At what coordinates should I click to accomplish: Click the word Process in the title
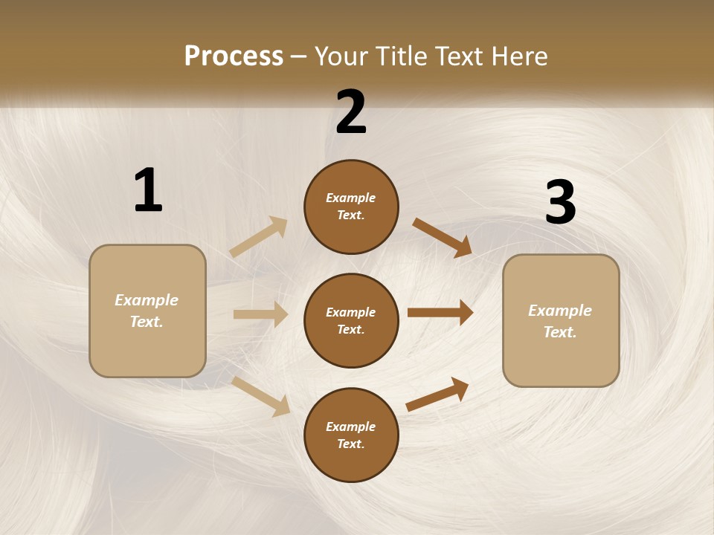click(234, 56)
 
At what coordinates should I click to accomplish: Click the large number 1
click(148, 190)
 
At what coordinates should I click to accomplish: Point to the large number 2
click(351, 112)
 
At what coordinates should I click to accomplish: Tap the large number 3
click(560, 203)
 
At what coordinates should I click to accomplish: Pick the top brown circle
click(351, 207)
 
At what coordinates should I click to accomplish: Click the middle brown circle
click(351, 321)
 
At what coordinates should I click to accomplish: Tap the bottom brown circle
click(351, 435)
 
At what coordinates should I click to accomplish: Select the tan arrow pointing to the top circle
click(259, 236)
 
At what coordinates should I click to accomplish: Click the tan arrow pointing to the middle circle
click(260, 314)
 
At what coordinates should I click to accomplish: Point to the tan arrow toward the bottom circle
click(261, 396)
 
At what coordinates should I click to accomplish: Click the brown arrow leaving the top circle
click(442, 237)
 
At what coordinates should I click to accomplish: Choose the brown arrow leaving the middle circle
click(440, 313)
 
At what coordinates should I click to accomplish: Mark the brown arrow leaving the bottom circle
click(437, 394)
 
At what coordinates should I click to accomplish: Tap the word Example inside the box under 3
click(560, 311)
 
